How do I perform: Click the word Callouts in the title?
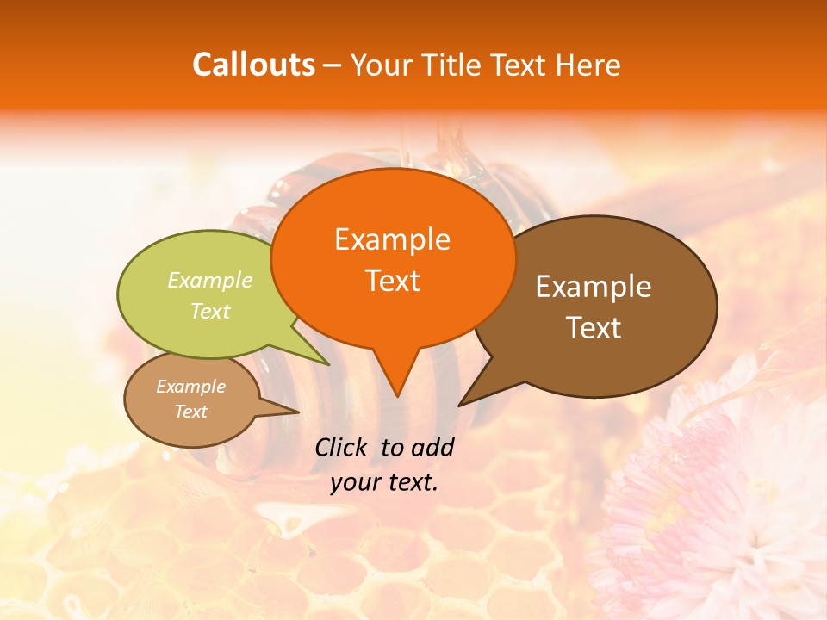(253, 65)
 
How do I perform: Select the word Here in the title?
(587, 65)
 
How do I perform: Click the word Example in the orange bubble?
(392, 239)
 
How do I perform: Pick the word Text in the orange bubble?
(392, 281)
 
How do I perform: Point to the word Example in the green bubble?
(210, 281)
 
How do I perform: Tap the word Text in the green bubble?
(210, 311)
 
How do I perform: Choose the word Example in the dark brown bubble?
(594, 287)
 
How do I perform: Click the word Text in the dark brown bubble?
(594, 328)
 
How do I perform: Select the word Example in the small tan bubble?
(190, 387)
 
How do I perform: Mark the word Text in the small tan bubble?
(190, 412)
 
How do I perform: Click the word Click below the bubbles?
(343, 447)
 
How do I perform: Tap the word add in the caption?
(433, 447)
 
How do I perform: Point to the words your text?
(384, 482)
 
